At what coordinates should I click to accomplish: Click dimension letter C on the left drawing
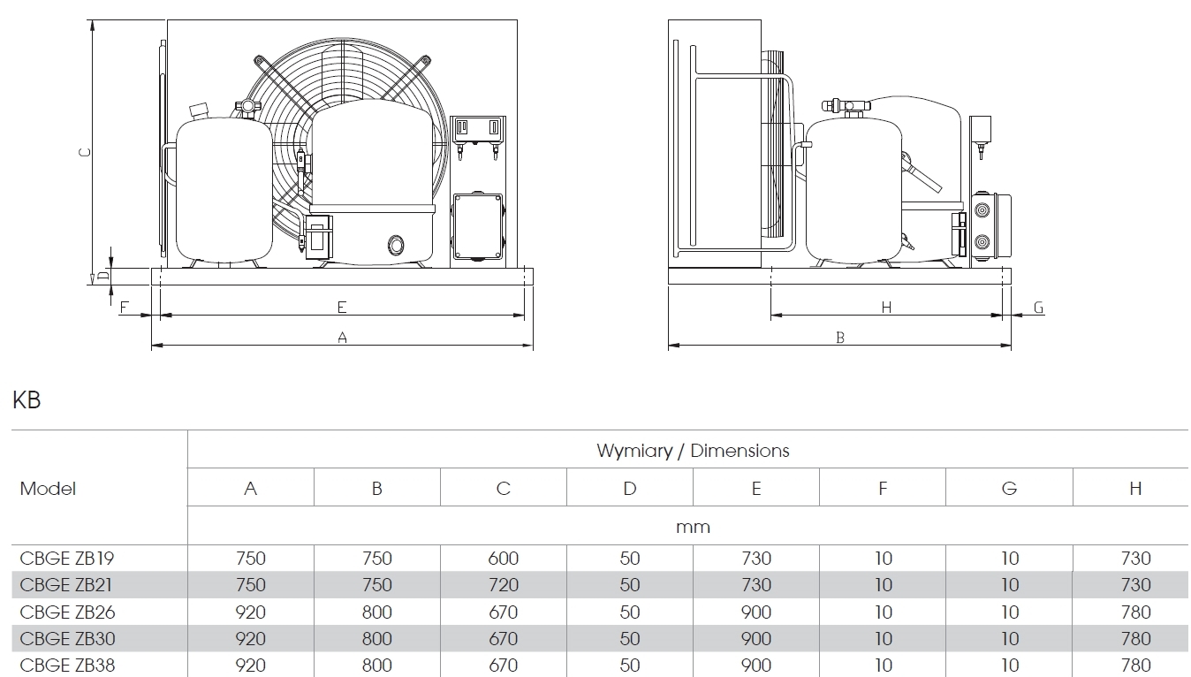pyautogui.click(x=84, y=151)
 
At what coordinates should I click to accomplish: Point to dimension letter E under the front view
pyautogui.click(x=342, y=307)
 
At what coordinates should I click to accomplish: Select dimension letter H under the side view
pyautogui.click(x=886, y=307)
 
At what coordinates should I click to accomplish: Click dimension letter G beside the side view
pyautogui.click(x=1038, y=308)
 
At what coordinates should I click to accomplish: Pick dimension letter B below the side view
pyautogui.click(x=840, y=337)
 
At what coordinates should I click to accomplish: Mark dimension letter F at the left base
pyautogui.click(x=124, y=307)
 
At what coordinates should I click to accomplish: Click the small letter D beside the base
pyautogui.click(x=102, y=276)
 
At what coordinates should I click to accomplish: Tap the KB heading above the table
pyautogui.click(x=27, y=400)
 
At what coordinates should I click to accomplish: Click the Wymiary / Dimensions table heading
pyautogui.click(x=693, y=451)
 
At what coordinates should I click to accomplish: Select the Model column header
pyautogui.click(x=48, y=488)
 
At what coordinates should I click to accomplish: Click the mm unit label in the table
pyautogui.click(x=693, y=527)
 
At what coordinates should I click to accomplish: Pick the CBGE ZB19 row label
pyautogui.click(x=67, y=559)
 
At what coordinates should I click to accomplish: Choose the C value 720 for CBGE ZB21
pyautogui.click(x=503, y=585)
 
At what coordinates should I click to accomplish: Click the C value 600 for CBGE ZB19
pyautogui.click(x=503, y=559)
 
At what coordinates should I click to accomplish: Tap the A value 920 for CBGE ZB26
pyautogui.click(x=251, y=612)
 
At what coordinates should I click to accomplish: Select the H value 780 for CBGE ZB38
pyautogui.click(x=1135, y=665)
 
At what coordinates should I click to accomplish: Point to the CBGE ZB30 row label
pyautogui.click(x=67, y=638)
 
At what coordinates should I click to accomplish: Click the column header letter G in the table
pyautogui.click(x=1009, y=488)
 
